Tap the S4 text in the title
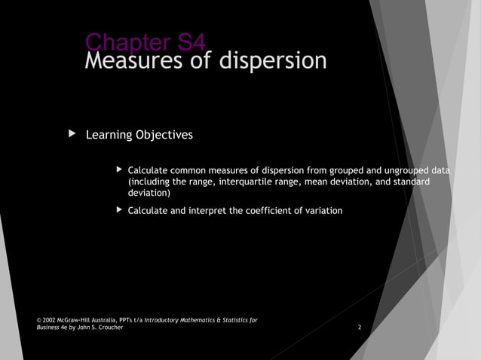(x=184, y=41)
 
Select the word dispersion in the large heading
(x=273, y=61)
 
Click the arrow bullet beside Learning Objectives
(x=72, y=134)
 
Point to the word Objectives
(x=164, y=136)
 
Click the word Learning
(x=109, y=136)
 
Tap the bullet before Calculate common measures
(x=118, y=171)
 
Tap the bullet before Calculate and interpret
(x=118, y=210)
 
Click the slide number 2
(x=360, y=328)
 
